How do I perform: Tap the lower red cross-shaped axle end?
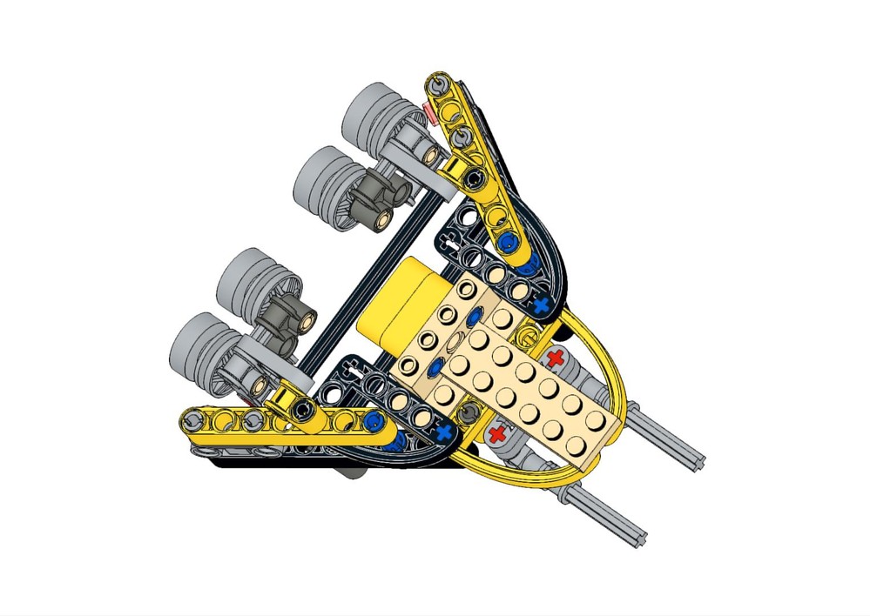coord(497,432)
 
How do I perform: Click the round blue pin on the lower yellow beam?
coord(374,422)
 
